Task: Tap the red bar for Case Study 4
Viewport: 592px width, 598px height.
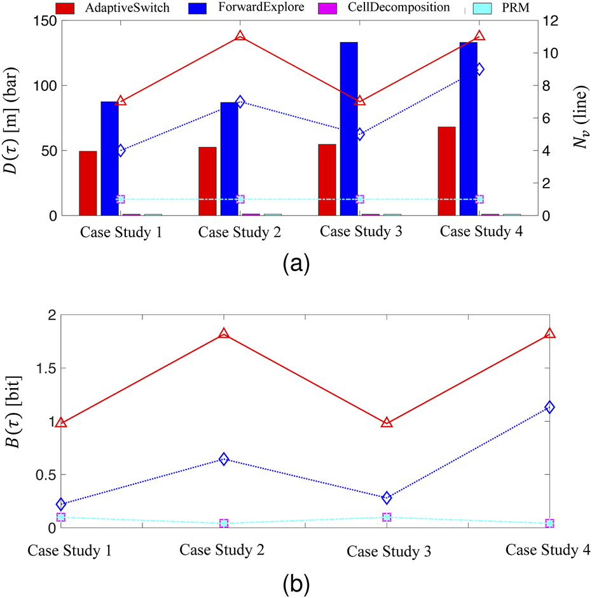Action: click(x=446, y=171)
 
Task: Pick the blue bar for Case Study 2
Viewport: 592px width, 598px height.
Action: click(x=229, y=159)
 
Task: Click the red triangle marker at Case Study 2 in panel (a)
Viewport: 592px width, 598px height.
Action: click(x=240, y=36)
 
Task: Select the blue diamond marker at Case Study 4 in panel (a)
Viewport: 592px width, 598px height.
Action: click(x=480, y=69)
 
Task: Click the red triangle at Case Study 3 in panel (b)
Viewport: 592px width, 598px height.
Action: click(x=387, y=422)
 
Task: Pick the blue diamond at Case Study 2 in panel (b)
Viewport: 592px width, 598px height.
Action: click(x=224, y=459)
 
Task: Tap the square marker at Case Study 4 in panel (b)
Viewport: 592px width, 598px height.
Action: click(x=549, y=524)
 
